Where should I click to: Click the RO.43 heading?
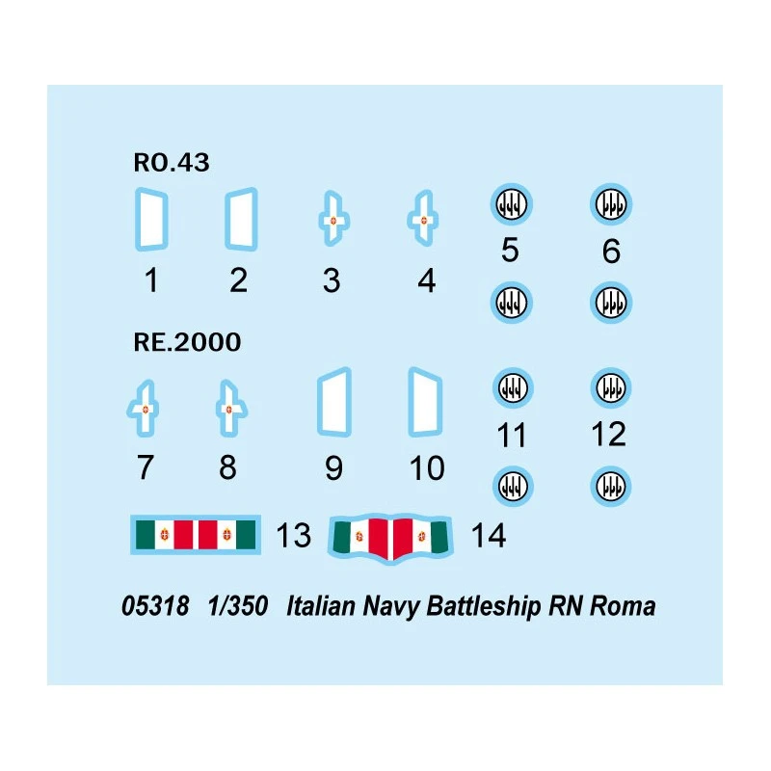[x=172, y=163]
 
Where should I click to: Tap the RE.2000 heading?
[x=186, y=342]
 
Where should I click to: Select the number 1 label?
[x=151, y=280]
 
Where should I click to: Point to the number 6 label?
[x=610, y=252]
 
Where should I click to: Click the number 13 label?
[x=294, y=535]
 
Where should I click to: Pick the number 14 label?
[x=489, y=535]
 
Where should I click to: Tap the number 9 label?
[x=333, y=468]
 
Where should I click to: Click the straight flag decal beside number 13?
[x=194, y=534]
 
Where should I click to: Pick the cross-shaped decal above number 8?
[x=228, y=409]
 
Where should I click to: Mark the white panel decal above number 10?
[x=425, y=404]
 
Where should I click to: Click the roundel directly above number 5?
[x=511, y=204]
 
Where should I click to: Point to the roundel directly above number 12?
[x=609, y=387]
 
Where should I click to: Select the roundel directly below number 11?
[x=511, y=485]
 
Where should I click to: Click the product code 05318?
[x=156, y=607]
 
